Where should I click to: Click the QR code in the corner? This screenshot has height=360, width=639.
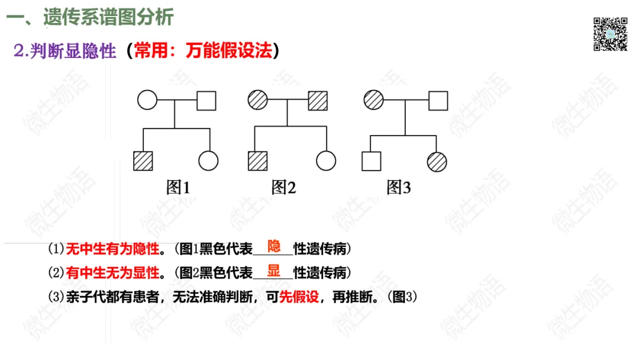pyautogui.click(x=610, y=34)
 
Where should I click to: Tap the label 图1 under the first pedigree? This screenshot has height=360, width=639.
pyautogui.click(x=178, y=188)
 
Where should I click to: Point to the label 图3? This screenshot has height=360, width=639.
pyautogui.click(x=398, y=188)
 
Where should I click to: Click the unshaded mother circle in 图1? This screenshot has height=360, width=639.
pyautogui.click(x=147, y=100)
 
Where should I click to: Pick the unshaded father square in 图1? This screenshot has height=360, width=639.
pyautogui.click(x=206, y=100)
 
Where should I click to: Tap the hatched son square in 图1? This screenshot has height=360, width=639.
pyautogui.click(x=143, y=161)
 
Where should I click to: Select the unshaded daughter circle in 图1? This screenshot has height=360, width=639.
pyautogui.click(x=208, y=161)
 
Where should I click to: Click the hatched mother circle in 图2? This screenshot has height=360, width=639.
pyautogui.click(x=258, y=100)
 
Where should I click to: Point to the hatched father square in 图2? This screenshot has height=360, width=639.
pyautogui.click(x=318, y=100)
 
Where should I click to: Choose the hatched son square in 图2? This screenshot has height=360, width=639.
pyautogui.click(x=257, y=161)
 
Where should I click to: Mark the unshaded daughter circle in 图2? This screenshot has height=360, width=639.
pyautogui.click(x=326, y=161)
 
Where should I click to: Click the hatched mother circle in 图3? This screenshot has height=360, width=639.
pyautogui.click(x=374, y=100)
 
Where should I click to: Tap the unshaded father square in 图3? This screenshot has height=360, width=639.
pyautogui.click(x=438, y=100)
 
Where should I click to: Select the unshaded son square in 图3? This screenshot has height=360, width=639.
pyautogui.click(x=371, y=161)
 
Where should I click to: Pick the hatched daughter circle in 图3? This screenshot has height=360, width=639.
pyautogui.click(x=437, y=161)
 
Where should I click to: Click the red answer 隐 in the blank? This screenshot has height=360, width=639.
pyautogui.click(x=274, y=246)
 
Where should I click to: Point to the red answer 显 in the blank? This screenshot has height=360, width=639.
pyautogui.click(x=273, y=271)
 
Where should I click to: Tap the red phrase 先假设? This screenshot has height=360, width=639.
pyautogui.click(x=298, y=297)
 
